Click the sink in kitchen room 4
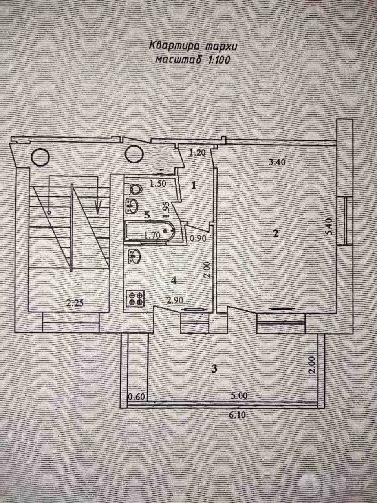pyautogui.click(x=135, y=256)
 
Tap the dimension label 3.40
pyautogui.click(x=277, y=162)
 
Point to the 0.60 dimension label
pyautogui.click(x=136, y=397)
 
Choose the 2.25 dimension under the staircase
pyautogui.click(x=75, y=303)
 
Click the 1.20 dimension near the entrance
pyautogui.click(x=198, y=152)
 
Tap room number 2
pyautogui.click(x=276, y=234)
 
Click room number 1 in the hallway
pyautogui.click(x=194, y=185)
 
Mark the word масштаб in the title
pyautogui.click(x=179, y=60)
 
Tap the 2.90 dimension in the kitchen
pyautogui.click(x=175, y=300)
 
